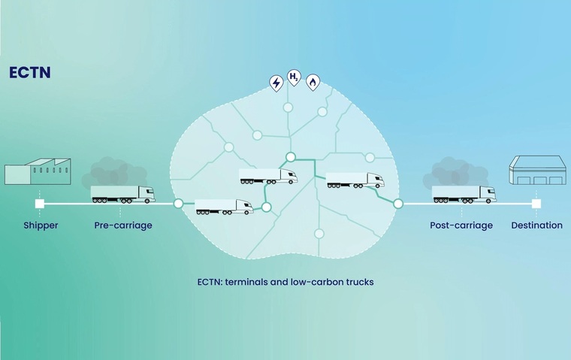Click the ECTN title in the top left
[29, 74]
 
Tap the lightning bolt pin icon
[276, 82]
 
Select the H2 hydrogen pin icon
[295, 77]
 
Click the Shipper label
[40, 225]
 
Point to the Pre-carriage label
[123, 225]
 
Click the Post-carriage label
[461, 225]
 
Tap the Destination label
[536, 225]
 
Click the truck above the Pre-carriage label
[122, 194]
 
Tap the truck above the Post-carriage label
[464, 194]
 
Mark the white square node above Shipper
[40, 204]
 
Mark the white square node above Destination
[536, 204]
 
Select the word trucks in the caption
[358, 283]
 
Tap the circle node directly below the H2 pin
[288, 108]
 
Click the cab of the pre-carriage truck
[148, 194]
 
